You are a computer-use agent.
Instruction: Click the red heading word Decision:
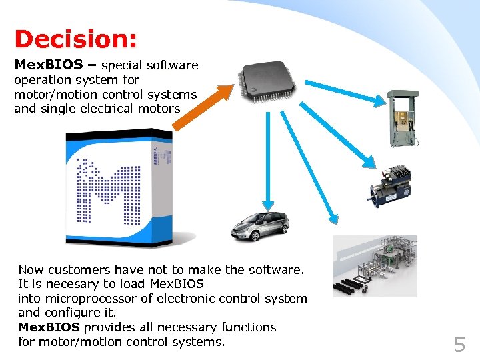tap(75, 39)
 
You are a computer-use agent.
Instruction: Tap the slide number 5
tap(459, 344)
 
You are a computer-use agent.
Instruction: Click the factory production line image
tap(375, 265)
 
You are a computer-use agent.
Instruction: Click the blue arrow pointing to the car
tap(267, 160)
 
